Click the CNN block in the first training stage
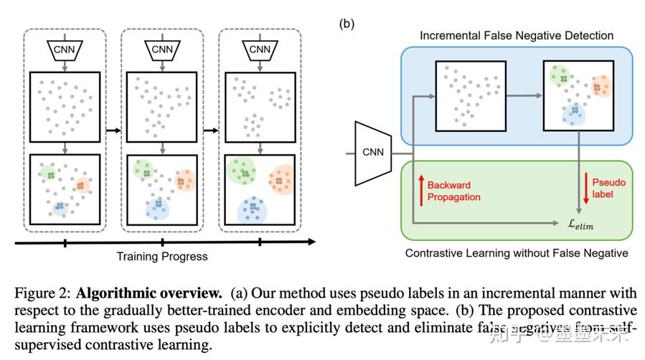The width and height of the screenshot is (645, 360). coord(65,50)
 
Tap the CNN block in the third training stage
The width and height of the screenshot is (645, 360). coord(260,50)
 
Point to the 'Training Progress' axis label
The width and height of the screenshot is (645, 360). coord(162,256)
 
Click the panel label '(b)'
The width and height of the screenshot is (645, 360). coord(347,22)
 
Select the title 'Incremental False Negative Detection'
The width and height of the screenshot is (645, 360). coord(517,35)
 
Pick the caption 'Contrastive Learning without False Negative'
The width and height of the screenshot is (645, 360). coord(517,253)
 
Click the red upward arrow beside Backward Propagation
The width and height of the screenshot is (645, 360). coord(420,190)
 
